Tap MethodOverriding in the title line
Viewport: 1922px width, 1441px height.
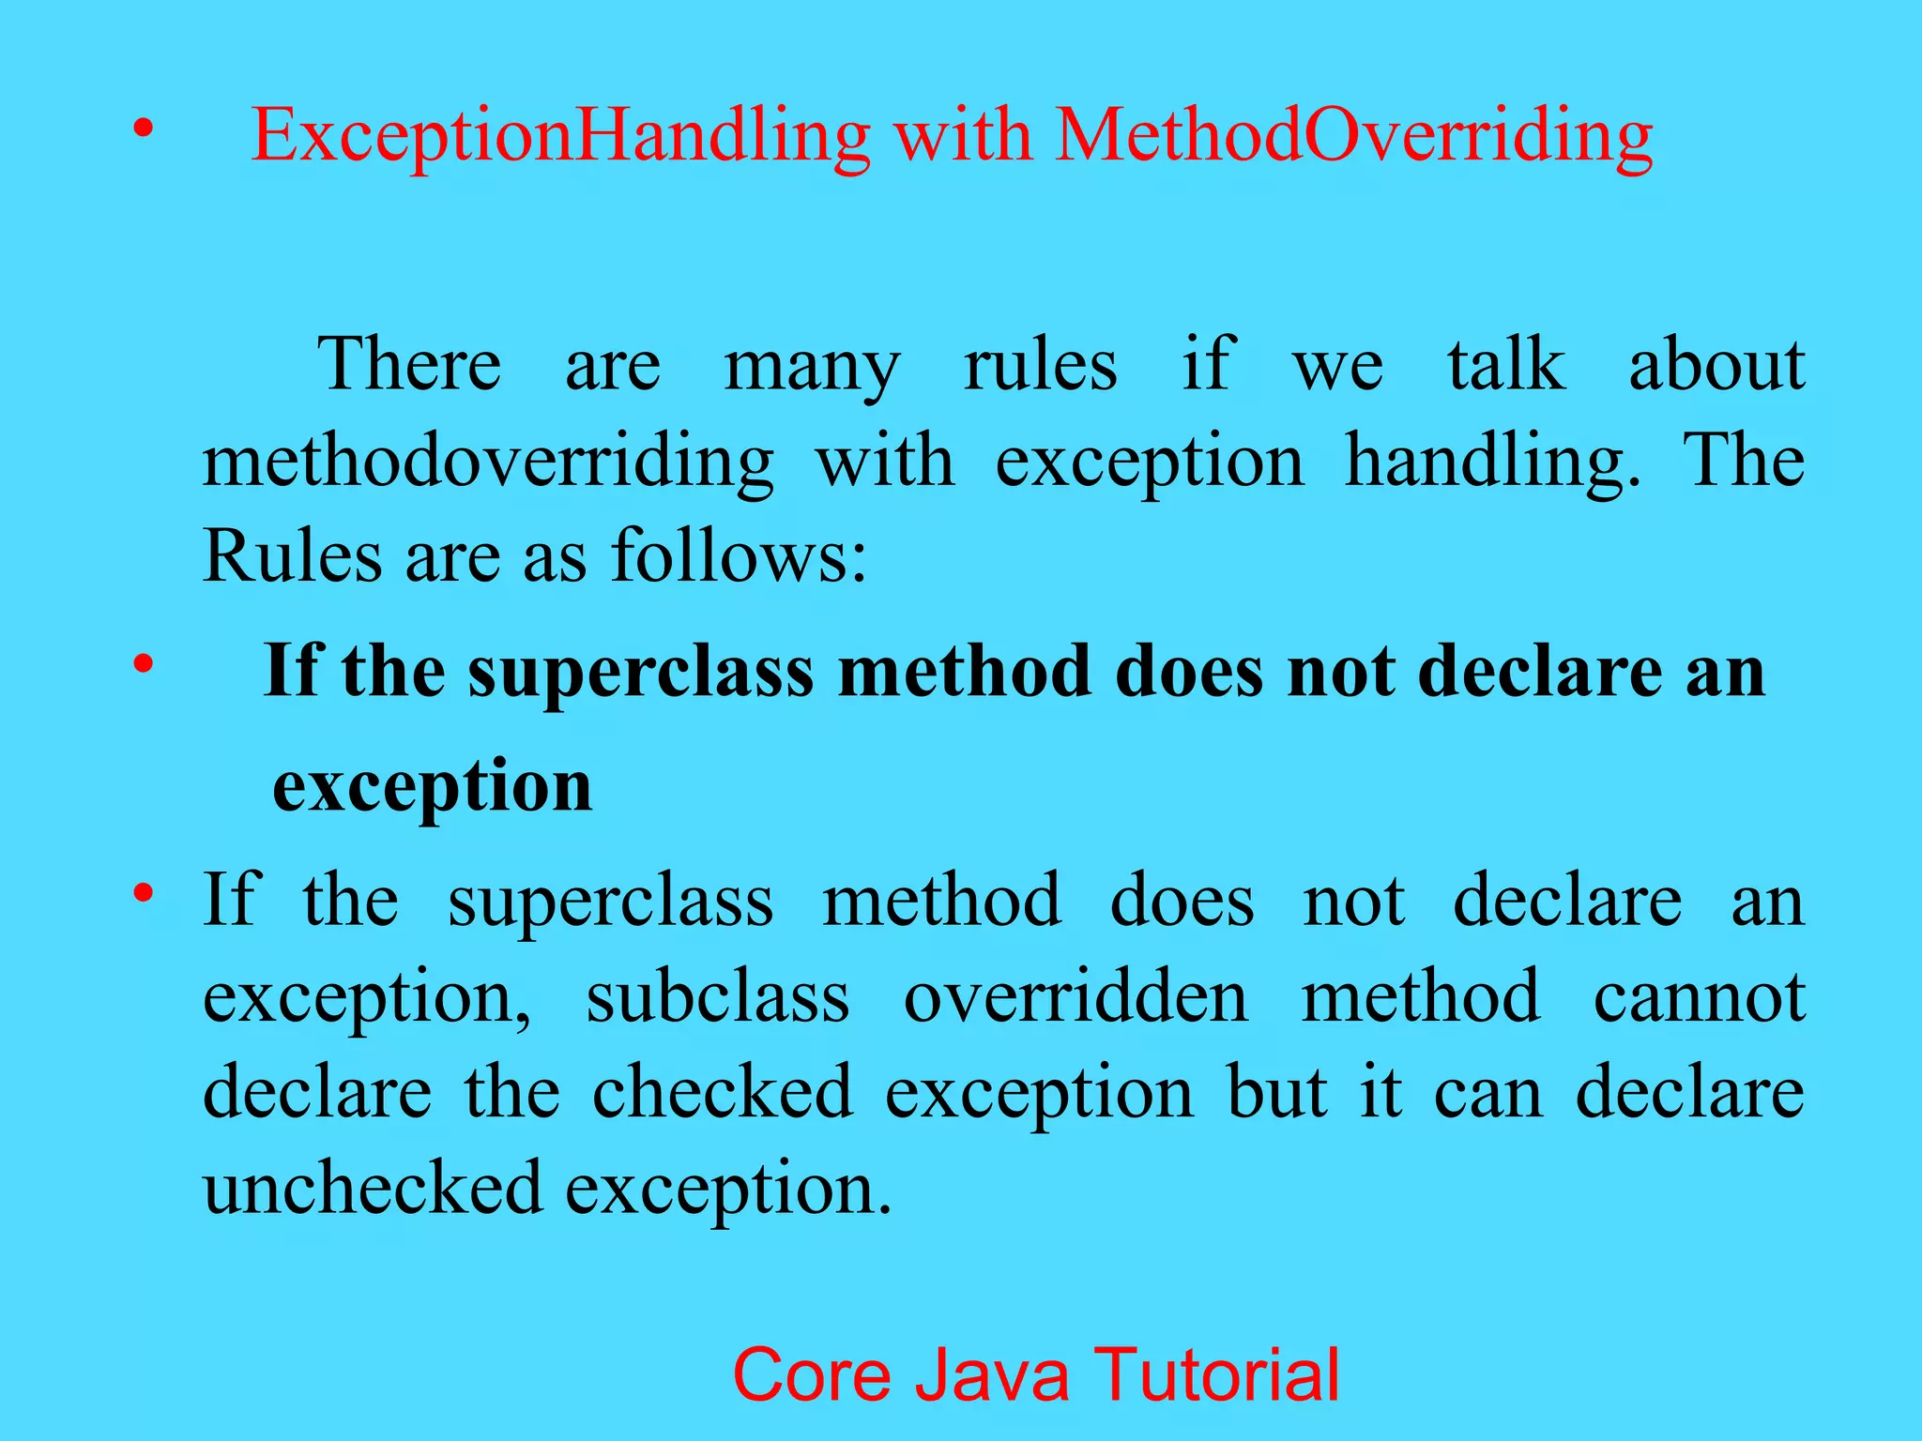1352,137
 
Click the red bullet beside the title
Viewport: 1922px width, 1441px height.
142,129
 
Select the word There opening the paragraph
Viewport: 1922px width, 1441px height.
409,365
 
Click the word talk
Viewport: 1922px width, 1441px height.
1505,365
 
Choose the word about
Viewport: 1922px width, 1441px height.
1716,365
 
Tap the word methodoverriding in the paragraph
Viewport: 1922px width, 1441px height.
488,463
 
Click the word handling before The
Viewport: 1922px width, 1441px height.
1492,463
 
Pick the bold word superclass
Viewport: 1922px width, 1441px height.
640,673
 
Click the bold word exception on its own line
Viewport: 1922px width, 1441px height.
433,787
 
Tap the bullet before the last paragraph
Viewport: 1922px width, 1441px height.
142,891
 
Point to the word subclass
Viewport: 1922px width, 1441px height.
718,997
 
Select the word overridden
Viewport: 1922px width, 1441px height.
1075,997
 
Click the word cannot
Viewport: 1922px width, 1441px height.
1699,997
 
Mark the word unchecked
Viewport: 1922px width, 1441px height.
373,1189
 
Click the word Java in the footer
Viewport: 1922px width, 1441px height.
992,1375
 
